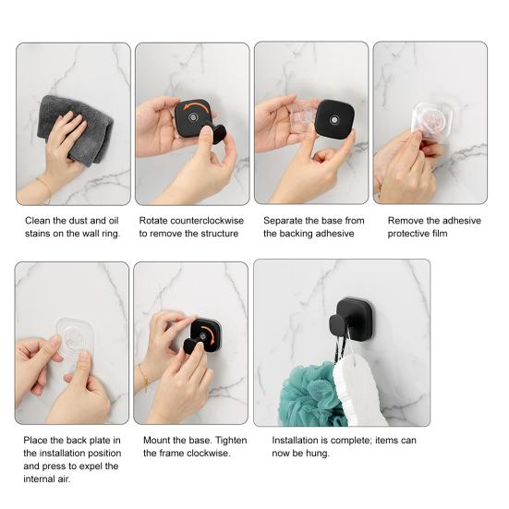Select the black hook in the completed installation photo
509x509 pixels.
tap(353, 319)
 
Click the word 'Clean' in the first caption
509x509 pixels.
tap(36, 221)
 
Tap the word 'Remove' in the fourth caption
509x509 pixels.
tap(407, 221)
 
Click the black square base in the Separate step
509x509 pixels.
tap(334, 119)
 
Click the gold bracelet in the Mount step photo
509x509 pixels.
tap(143, 377)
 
